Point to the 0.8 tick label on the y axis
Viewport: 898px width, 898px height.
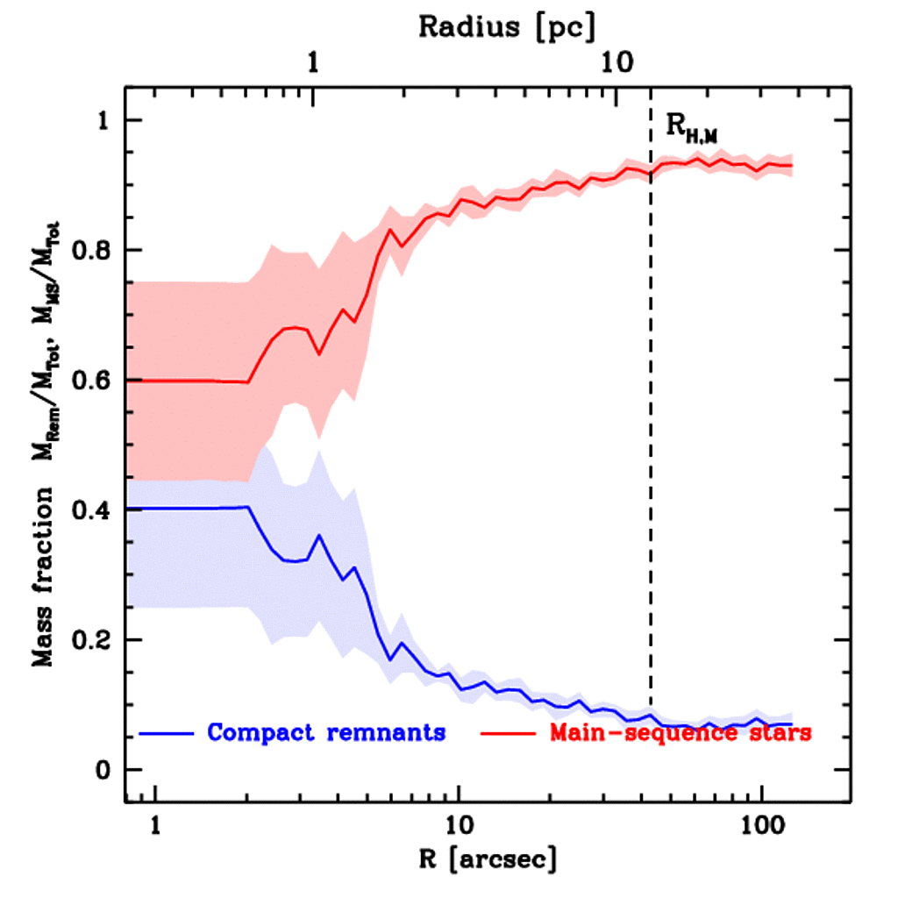[93, 251]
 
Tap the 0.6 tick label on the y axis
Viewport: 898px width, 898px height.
[93, 381]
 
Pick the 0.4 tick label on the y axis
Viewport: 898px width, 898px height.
[93, 510]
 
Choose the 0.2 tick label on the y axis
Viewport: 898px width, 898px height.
[93, 640]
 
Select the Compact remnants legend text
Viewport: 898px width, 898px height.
[325, 732]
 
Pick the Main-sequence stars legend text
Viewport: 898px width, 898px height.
[680, 732]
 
